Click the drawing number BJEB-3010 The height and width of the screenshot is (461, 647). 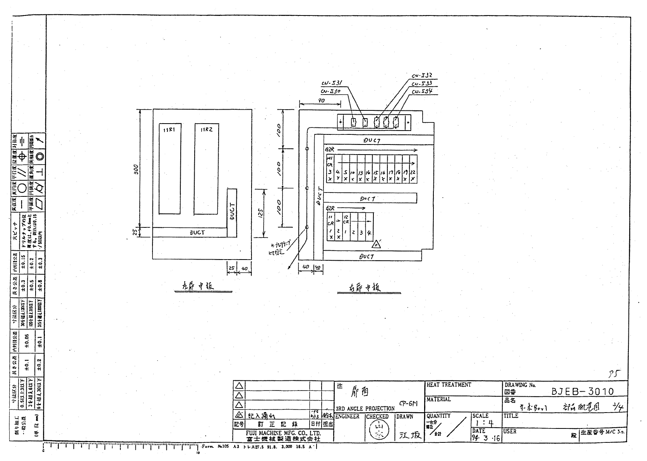(582, 391)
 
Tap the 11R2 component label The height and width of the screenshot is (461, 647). (206, 130)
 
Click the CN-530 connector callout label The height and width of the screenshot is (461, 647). (330, 91)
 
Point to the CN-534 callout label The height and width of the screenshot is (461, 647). (421, 91)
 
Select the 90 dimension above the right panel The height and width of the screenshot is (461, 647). (321, 100)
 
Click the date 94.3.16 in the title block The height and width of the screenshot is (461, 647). (486, 438)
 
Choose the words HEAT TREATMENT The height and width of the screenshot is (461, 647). (449, 385)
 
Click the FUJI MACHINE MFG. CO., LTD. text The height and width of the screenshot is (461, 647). (283, 433)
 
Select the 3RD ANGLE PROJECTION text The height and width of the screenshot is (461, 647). (365, 408)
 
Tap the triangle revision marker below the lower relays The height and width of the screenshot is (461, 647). (376, 244)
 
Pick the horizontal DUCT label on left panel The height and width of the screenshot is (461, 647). (197, 233)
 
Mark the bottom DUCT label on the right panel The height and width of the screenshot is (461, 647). (366, 256)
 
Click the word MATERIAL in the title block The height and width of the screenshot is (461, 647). (438, 399)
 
